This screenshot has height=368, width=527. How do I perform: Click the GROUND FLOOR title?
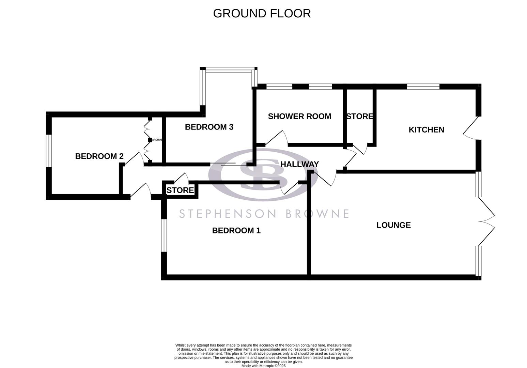262,13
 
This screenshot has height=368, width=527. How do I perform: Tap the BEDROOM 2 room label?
99,156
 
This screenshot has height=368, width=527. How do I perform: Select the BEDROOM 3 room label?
209,127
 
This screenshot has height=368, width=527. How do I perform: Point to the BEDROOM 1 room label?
236,231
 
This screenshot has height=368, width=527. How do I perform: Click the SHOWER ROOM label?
299,117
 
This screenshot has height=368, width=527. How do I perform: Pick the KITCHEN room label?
426,130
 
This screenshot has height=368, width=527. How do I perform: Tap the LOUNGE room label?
393,225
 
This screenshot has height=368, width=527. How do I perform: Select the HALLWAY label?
299,164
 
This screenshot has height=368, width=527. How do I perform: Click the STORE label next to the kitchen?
359,117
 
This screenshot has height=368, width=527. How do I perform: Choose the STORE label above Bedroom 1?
180,190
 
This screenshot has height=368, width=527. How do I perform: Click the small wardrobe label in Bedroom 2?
157,140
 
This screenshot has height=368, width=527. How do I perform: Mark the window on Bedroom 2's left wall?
49,151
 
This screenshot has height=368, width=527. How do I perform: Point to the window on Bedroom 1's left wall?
164,235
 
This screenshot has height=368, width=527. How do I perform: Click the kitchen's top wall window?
423,87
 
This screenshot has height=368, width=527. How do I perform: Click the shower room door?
277,138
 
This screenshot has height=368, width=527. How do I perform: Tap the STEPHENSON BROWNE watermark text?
264,214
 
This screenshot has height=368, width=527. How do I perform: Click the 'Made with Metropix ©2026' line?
263,366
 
